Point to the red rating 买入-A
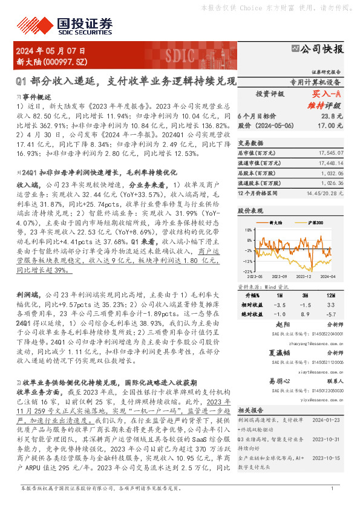click(327, 94)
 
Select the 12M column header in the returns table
click(330, 294)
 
